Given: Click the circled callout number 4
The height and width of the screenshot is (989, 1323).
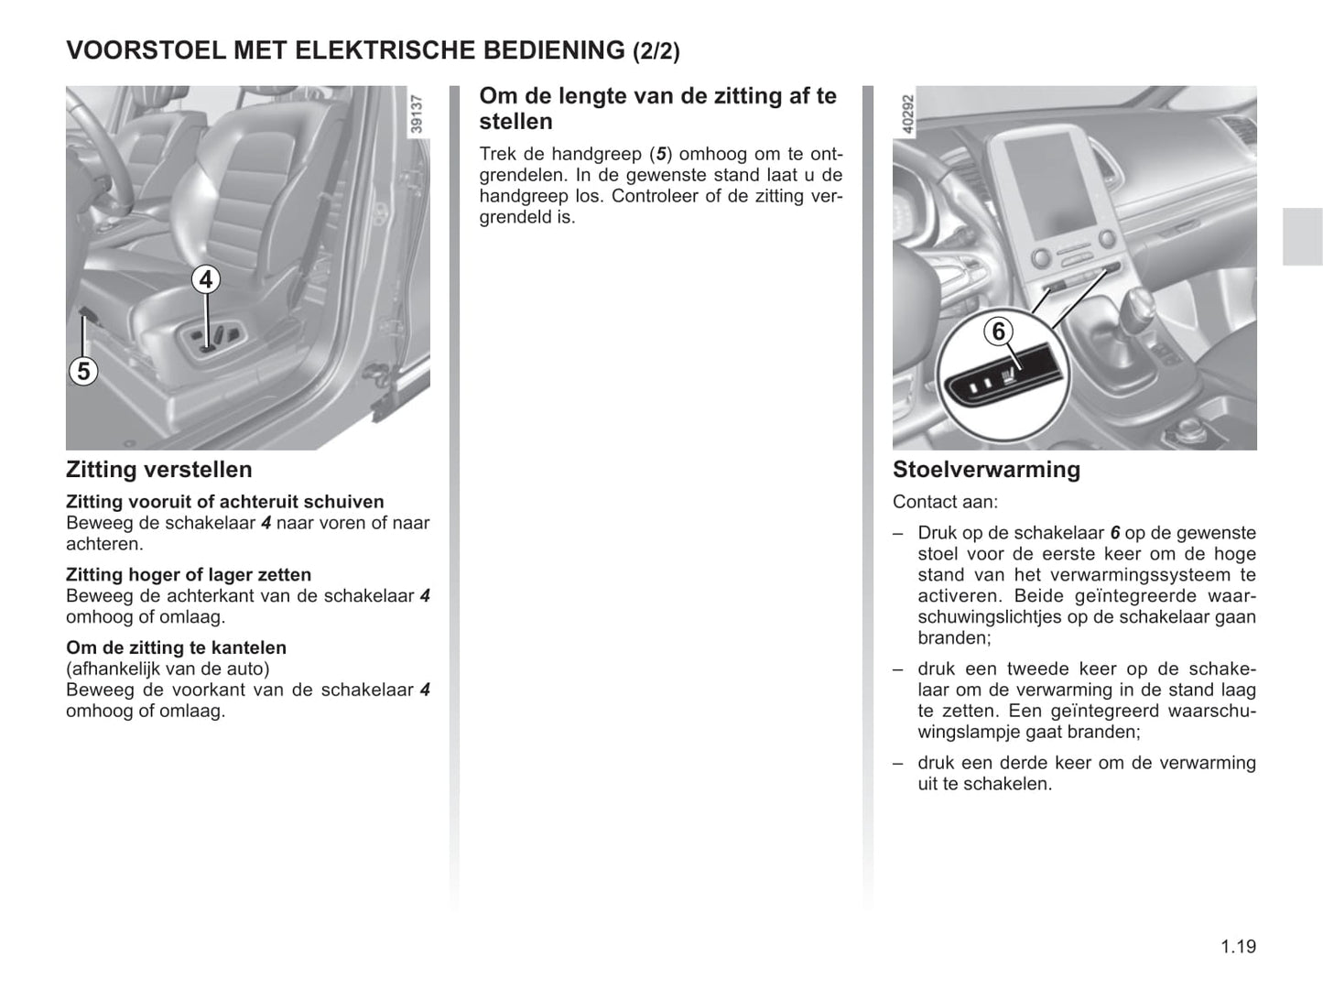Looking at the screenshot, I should tap(206, 279).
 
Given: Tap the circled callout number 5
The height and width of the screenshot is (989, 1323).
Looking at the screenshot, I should tap(83, 371).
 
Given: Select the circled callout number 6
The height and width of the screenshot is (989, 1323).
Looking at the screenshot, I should tap(999, 331).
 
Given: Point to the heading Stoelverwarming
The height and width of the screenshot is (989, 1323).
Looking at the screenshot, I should tap(986, 470).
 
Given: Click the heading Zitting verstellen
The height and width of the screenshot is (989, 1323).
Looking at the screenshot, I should tap(158, 470).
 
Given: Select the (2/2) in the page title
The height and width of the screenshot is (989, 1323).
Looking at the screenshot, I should tap(656, 51).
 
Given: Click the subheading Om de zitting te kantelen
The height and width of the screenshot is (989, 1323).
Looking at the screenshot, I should tap(176, 647).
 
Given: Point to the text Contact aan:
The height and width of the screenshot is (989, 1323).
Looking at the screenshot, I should tap(945, 502).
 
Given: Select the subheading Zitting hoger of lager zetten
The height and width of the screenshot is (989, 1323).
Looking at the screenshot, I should tap(189, 574).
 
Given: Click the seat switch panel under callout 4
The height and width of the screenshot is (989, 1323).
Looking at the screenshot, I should tap(210, 340).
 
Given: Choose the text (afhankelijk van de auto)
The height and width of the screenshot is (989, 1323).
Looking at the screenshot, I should tap(168, 668).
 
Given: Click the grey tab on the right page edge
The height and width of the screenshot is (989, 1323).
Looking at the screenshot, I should tap(1302, 236).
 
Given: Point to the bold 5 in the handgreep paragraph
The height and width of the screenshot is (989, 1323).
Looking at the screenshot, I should tap(661, 154).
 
